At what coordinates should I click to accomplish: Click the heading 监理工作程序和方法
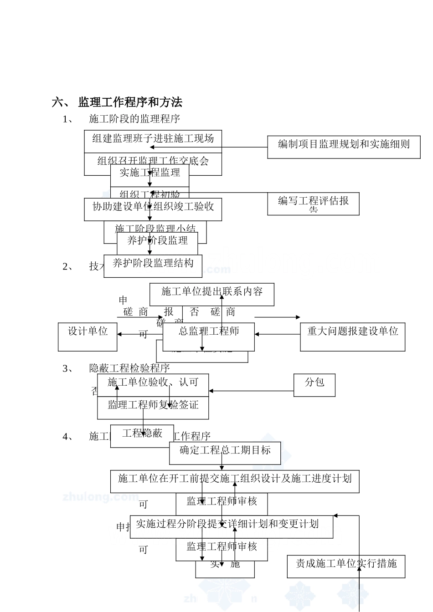(130, 102)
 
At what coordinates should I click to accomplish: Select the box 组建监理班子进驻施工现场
(153, 138)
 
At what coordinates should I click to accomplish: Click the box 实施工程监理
(149, 173)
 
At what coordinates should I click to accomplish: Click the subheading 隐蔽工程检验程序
(129, 368)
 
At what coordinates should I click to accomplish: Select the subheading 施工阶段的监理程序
(134, 119)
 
